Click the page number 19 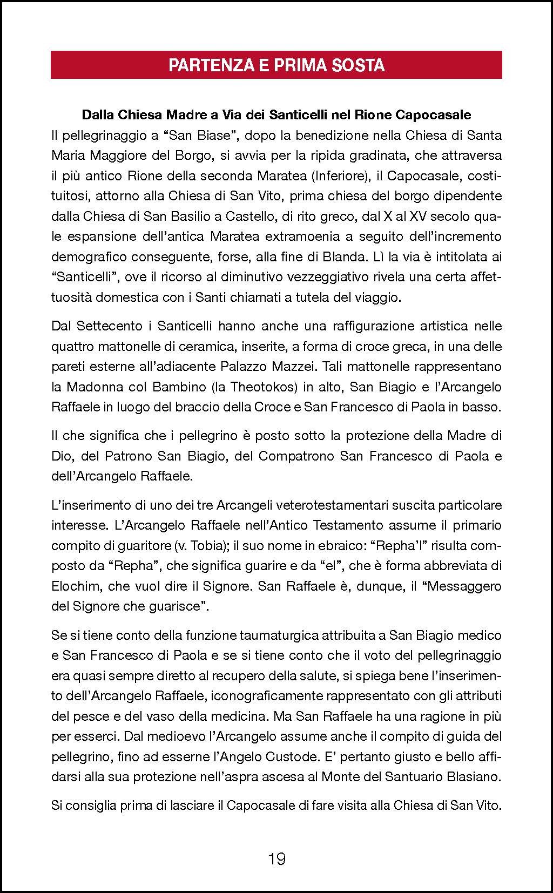(276, 858)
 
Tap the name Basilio (174, 216)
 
